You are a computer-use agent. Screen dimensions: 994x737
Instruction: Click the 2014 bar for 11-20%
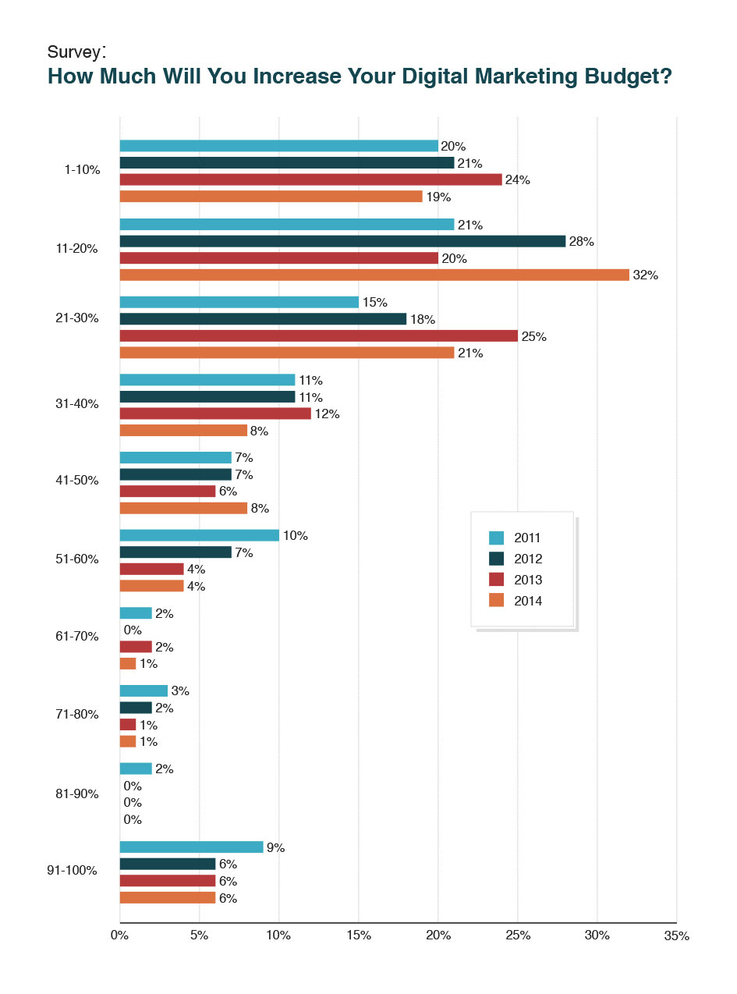tap(374, 275)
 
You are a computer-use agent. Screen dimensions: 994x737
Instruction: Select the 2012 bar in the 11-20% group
tap(342, 241)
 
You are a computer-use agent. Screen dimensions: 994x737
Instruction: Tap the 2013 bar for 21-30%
tap(318, 335)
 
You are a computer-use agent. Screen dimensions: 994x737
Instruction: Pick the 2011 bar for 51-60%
tap(199, 535)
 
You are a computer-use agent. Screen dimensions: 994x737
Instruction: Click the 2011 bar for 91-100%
tap(191, 847)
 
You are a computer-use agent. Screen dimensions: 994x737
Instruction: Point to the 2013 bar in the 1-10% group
tap(310, 179)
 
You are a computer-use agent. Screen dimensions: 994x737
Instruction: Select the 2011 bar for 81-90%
tap(136, 769)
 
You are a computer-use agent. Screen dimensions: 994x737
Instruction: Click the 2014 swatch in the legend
tap(496, 600)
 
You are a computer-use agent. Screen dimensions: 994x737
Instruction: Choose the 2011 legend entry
tap(515, 537)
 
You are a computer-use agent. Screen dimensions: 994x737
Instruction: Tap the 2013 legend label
tap(528, 580)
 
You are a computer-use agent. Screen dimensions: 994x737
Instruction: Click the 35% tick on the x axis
tap(677, 935)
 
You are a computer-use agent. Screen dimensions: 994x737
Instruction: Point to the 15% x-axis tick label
tap(358, 934)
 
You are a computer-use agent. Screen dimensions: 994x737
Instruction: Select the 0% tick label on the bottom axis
tap(119, 934)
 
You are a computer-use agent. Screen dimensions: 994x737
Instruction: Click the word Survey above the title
tap(74, 52)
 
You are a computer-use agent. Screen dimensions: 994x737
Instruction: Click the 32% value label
tap(646, 275)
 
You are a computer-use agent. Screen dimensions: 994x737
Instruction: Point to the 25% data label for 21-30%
tap(534, 336)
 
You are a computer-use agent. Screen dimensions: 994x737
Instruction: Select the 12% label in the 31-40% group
tap(327, 414)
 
